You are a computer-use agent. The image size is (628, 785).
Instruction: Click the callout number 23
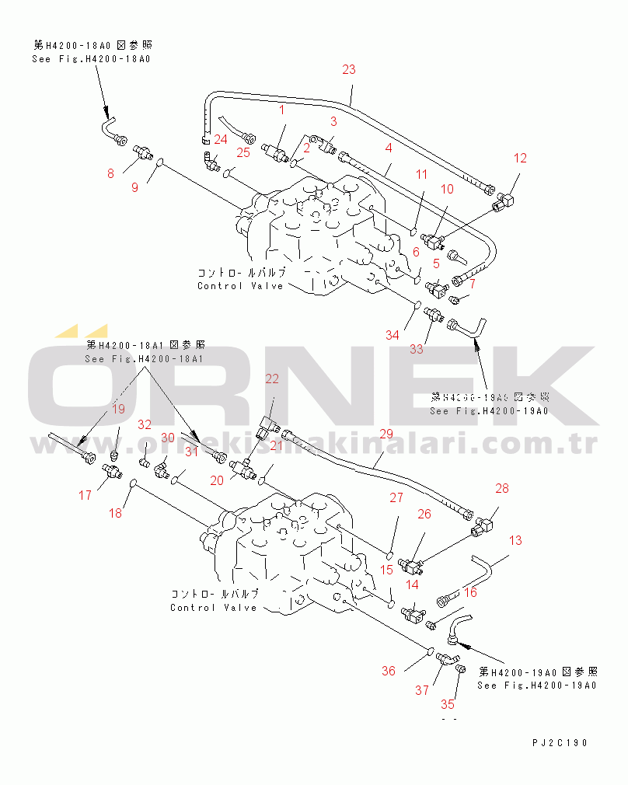tap(349, 69)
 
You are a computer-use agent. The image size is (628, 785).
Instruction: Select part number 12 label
tap(520, 158)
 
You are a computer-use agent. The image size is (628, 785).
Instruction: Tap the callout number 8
tap(110, 173)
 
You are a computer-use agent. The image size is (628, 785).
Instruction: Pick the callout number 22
tap(272, 379)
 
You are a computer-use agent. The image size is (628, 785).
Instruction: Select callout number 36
tap(388, 671)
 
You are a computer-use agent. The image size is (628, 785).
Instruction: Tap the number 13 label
tap(516, 540)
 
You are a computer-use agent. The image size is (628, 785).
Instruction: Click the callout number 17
tap(85, 494)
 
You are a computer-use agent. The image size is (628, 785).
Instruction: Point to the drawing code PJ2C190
tap(560, 743)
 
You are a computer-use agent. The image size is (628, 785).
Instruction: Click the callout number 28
tap(501, 488)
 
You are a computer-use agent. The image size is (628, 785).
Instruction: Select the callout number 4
tap(388, 147)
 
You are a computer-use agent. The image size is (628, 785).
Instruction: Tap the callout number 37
tap(422, 689)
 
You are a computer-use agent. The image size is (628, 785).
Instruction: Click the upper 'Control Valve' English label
tap(241, 286)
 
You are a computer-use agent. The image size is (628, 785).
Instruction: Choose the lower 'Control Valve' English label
tap(214, 607)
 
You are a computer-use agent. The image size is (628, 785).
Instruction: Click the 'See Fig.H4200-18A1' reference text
tap(144, 358)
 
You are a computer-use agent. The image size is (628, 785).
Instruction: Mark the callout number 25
tap(243, 152)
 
